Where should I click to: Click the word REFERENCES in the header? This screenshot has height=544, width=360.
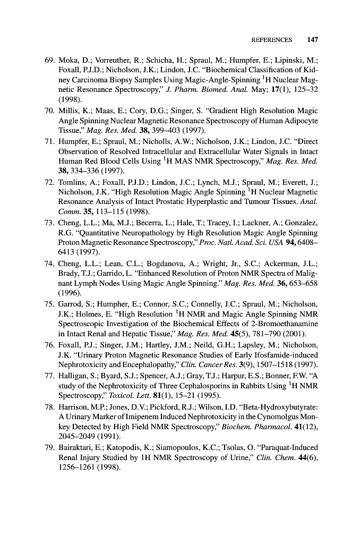pyautogui.click(x=272, y=40)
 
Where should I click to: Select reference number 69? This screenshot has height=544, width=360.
pyautogui.click(x=47, y=60)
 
